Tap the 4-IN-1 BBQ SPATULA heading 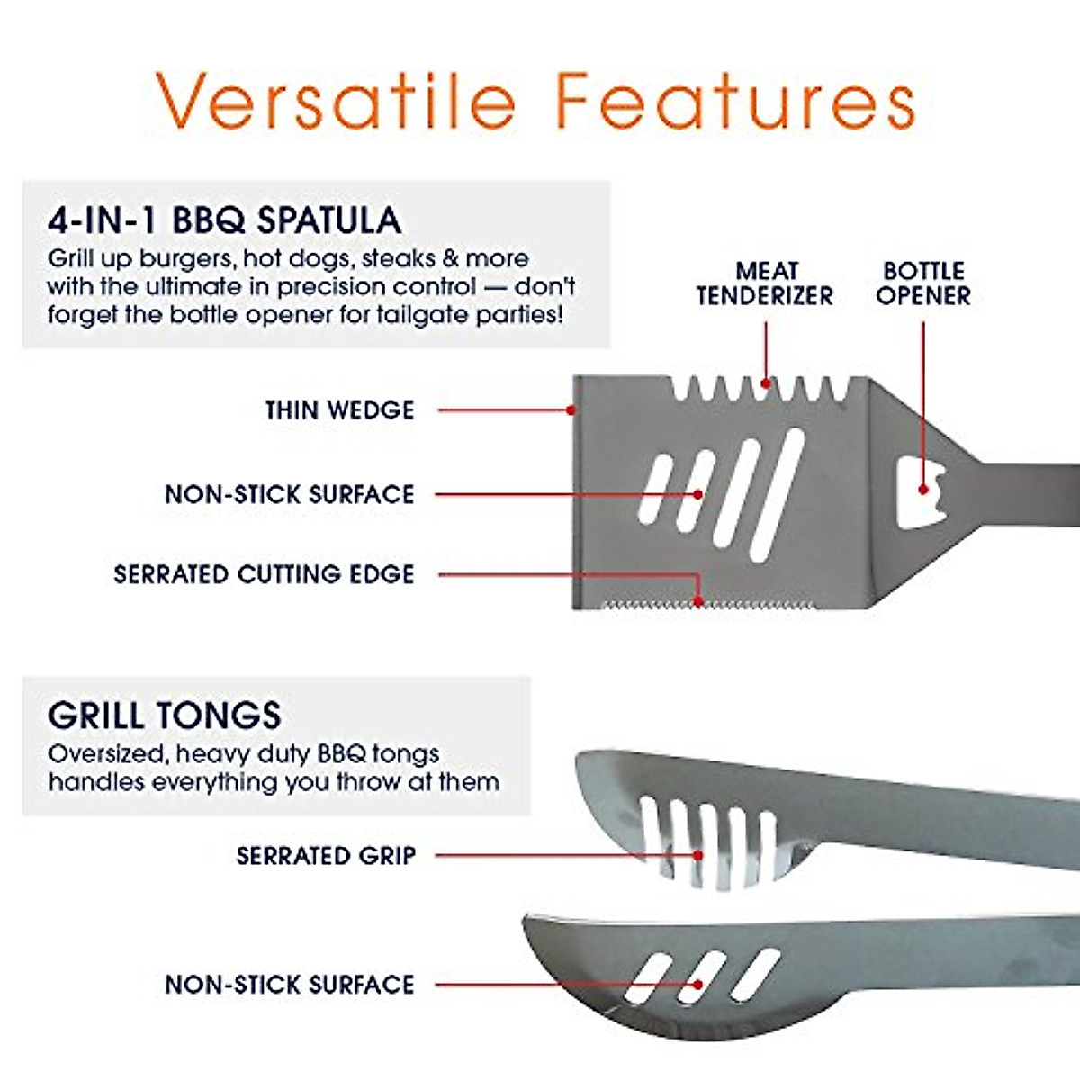coord(224,220)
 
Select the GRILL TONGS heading coord(165,715)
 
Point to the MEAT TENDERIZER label coord(765,283)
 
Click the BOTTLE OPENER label coord(923,283)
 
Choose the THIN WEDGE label coord(339,410)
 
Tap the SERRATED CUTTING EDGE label coord(264,574)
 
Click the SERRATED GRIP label coord(326,855)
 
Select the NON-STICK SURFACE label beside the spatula coord(289,494)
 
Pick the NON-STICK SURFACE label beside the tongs coord(289,984)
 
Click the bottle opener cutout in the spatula coord(921,494)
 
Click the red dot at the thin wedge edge coord(571,410)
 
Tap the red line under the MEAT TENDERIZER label coord(766,351)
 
